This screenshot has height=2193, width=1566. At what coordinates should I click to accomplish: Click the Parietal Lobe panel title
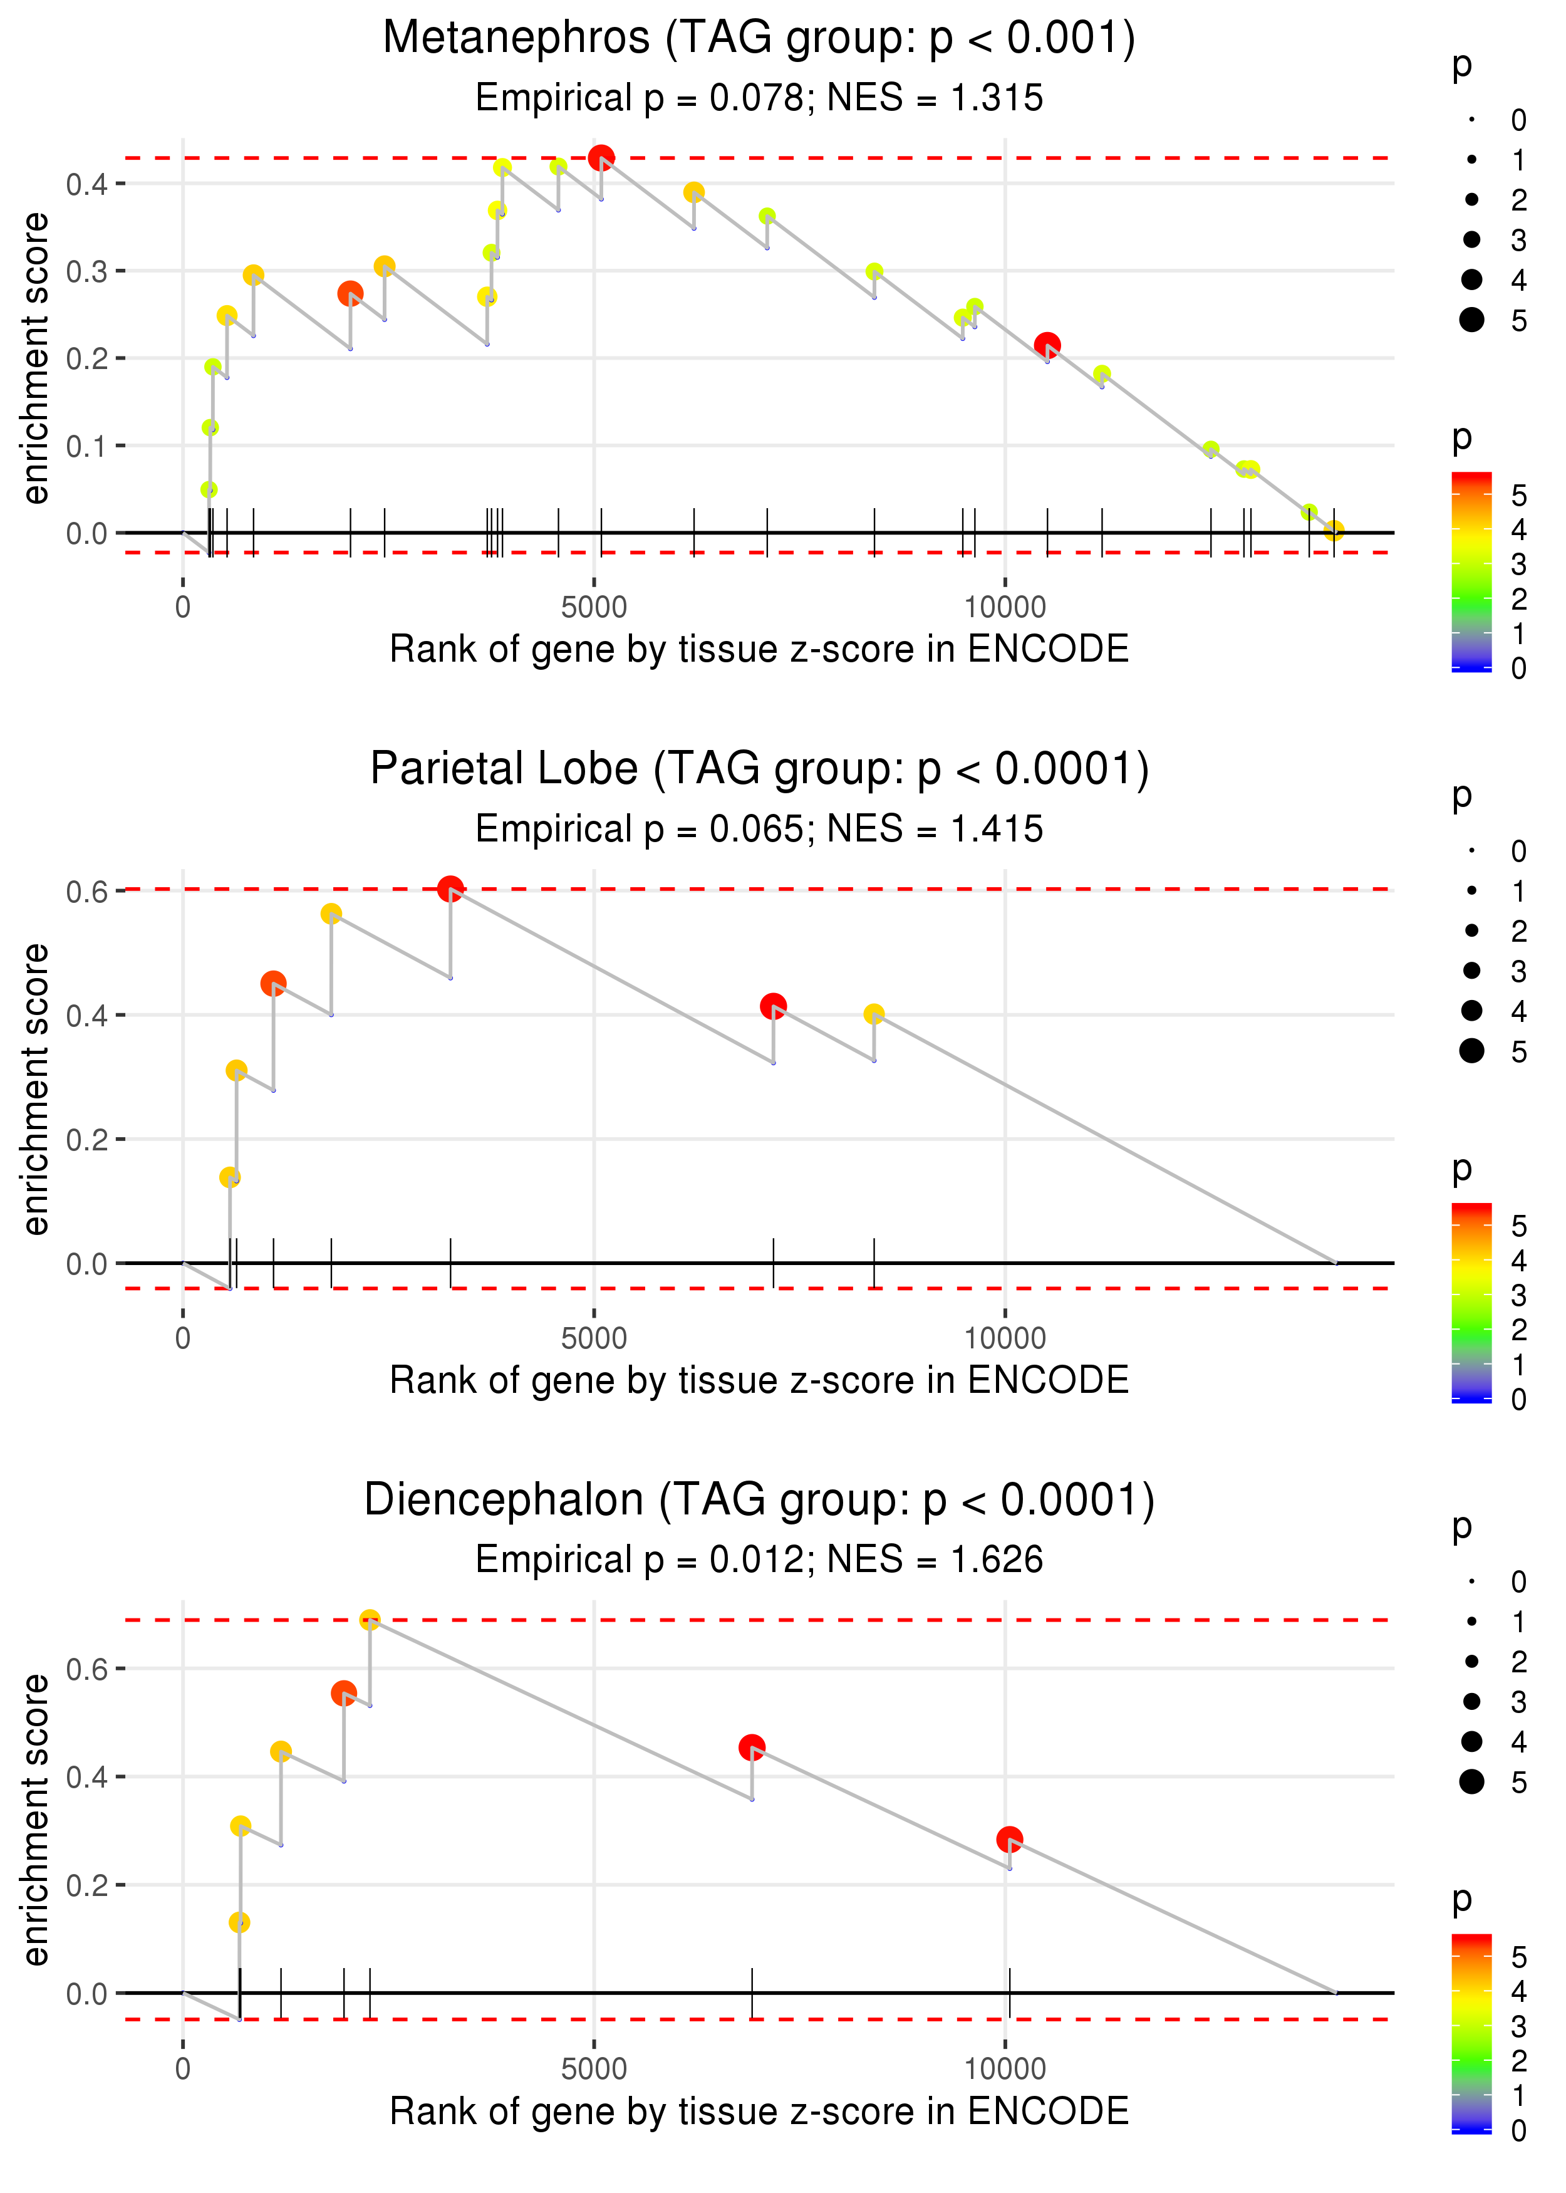click(x=759, y=769)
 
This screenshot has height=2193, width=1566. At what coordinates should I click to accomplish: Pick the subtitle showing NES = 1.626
click(x=759, y=1560)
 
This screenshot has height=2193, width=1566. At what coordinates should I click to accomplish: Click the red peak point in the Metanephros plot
click(x=601, y=157)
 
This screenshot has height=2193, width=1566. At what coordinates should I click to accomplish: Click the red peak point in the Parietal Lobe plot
click(x=450, y=888)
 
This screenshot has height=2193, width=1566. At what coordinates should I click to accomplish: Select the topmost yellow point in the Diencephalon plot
click(x=370, y=1620)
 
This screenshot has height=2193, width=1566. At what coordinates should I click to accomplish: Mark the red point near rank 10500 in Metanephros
click(x=1047, y=344)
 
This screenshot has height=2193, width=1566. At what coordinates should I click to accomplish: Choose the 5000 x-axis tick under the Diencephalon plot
click(x=594, y=2068)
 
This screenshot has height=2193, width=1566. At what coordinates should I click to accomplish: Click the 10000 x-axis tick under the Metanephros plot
click(x=1005, y=608)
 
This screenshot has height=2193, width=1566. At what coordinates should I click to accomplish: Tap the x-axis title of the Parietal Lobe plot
click(x=759, y=1380)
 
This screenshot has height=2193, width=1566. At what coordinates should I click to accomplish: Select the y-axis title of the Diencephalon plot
click(x=36, y=1819)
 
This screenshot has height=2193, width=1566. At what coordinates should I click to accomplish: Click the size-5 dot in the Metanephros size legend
click(x=1471, y=319)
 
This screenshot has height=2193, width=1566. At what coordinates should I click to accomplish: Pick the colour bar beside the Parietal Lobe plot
click(x=1471, y=1302)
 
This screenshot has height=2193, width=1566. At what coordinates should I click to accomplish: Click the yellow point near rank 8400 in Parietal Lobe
click(x=874, y=1014)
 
